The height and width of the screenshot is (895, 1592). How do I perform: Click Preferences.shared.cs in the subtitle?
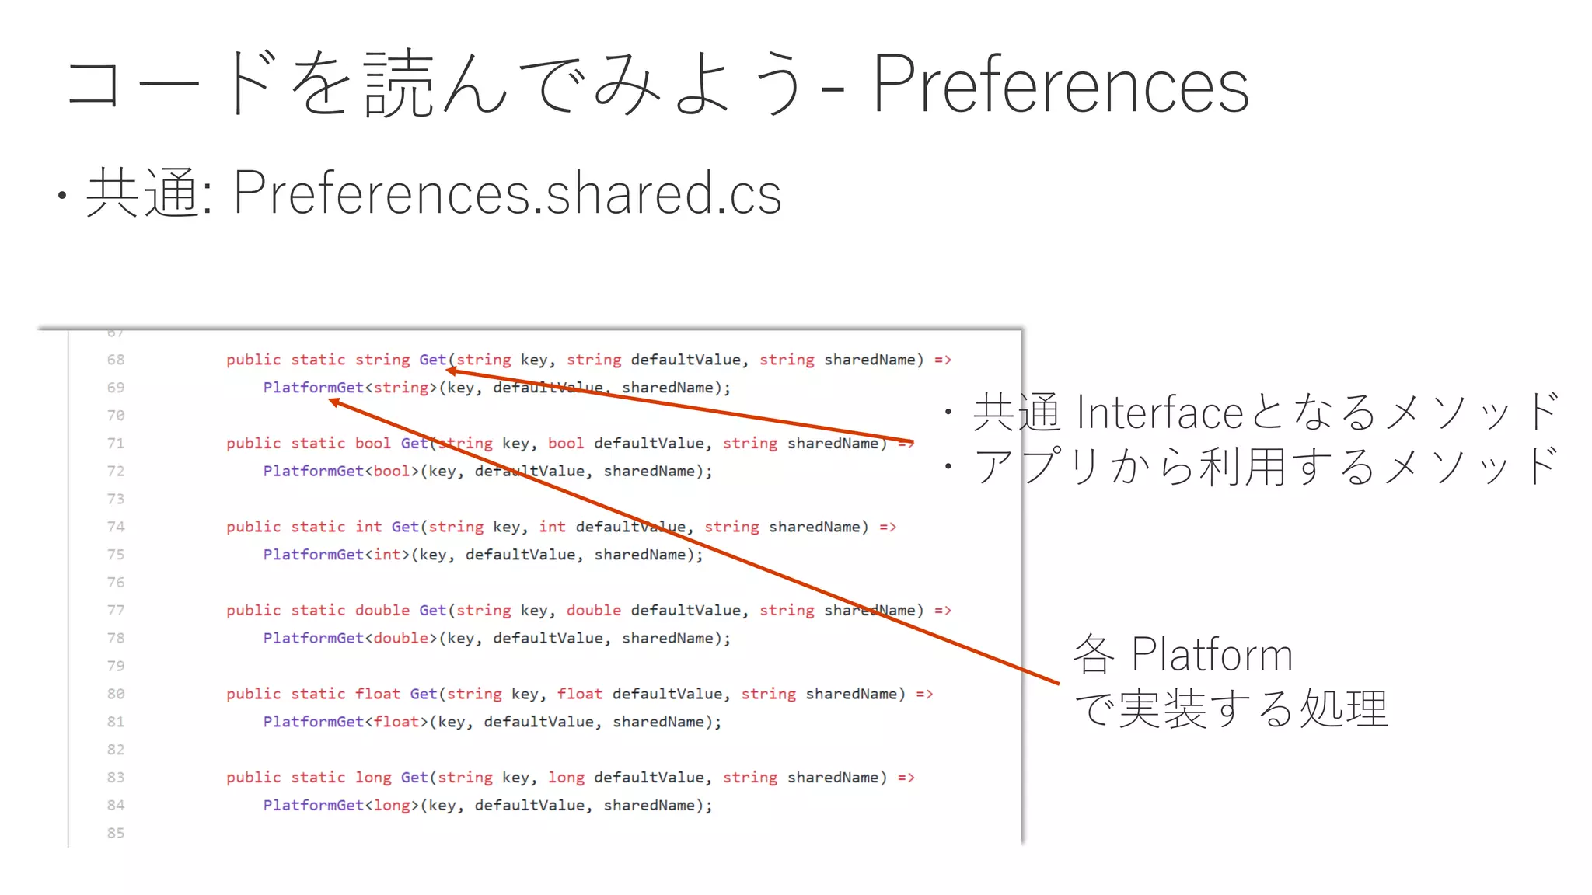tap(507, 193)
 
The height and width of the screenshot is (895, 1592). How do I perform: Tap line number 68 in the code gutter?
tap(116, 360)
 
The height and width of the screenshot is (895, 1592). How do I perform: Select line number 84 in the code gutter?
tap(116, 805)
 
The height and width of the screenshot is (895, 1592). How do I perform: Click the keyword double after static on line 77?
tap(382, 611)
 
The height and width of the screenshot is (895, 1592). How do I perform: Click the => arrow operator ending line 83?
tap(906, 778)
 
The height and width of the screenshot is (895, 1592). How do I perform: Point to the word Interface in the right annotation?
tap(1161, 413)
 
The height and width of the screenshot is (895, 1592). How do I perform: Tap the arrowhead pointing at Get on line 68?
tap(452, 371)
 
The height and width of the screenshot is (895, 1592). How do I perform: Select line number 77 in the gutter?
tap(116, 611)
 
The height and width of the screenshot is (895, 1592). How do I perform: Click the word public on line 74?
tap(253, 527)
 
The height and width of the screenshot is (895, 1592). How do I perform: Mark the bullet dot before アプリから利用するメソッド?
tap(948, 467)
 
